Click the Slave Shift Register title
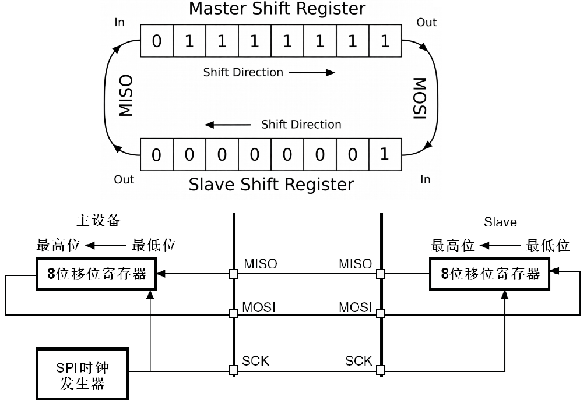click(x=270, y=185)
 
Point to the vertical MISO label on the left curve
click(x=126, y=95)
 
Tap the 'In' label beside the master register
click(x=119, y=23)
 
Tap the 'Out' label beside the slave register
click(x=124, y=179)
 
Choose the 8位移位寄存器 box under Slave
click(x=490, y=274)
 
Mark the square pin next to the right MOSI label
click(x=380, y=313)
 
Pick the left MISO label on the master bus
click(x=260, y=264)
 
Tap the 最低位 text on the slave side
click(x=547, y=246)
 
